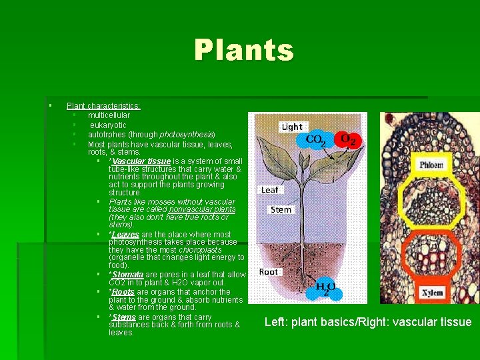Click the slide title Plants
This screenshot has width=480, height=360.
[243, 51]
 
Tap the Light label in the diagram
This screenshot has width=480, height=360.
[291, 127]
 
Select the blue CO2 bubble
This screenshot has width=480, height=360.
[316, 140]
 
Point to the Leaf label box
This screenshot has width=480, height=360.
[269, 189]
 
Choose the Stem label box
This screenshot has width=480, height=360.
[281, 209]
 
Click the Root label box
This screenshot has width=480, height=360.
[269, 271]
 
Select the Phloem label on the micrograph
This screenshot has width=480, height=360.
[431, 165]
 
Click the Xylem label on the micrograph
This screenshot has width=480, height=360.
[431, 293]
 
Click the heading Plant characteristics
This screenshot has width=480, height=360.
[103, 106]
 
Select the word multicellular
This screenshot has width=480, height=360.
[109, 115]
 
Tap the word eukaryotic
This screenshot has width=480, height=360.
[108, 125]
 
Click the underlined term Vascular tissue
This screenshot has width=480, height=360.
[141, 161]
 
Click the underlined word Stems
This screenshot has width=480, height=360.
[123, 317]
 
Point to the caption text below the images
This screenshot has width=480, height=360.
[367, 323]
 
